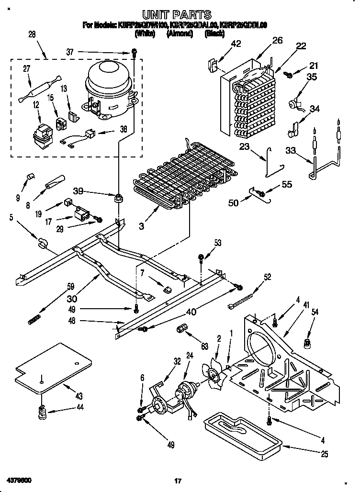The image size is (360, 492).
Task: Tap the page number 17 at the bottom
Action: click(179, 481)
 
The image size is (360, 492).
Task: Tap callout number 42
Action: click(236, 44)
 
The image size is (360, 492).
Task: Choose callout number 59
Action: click(71, 287)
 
